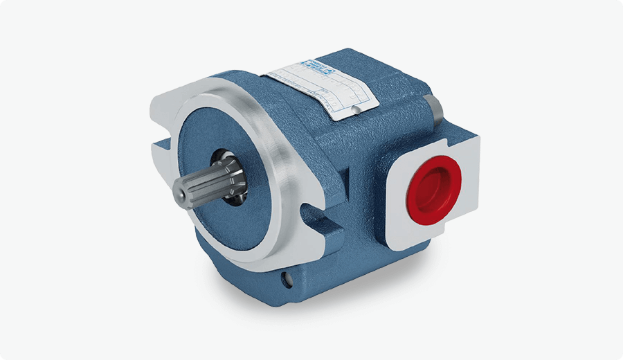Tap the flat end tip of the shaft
[x=181, y=190]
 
